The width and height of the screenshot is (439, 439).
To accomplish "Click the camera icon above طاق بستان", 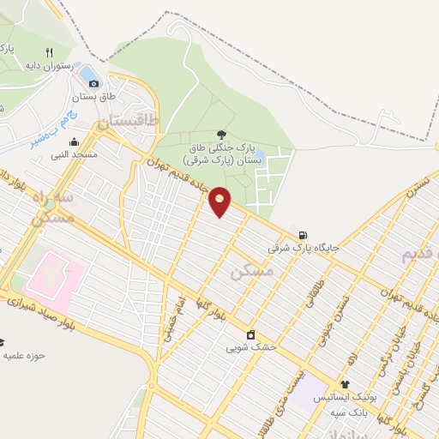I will (93, 83).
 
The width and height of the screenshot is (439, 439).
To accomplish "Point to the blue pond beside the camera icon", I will (87, 71).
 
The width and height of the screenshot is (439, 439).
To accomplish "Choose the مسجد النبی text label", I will (74, 155).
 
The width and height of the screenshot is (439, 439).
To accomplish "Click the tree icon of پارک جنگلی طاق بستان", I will (222, 135).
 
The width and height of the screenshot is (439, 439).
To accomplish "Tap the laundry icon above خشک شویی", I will (250, 334).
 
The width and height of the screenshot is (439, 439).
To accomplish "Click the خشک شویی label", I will (245, 348).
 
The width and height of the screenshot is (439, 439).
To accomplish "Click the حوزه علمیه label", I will (24, 354).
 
